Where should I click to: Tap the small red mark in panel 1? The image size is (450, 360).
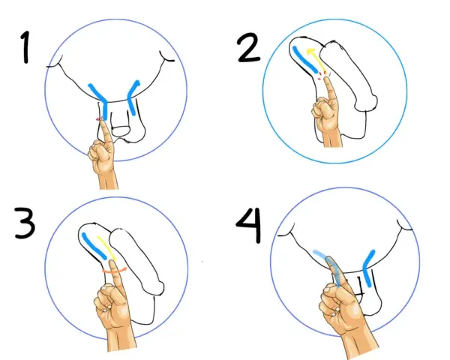click(x=98, y=120)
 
